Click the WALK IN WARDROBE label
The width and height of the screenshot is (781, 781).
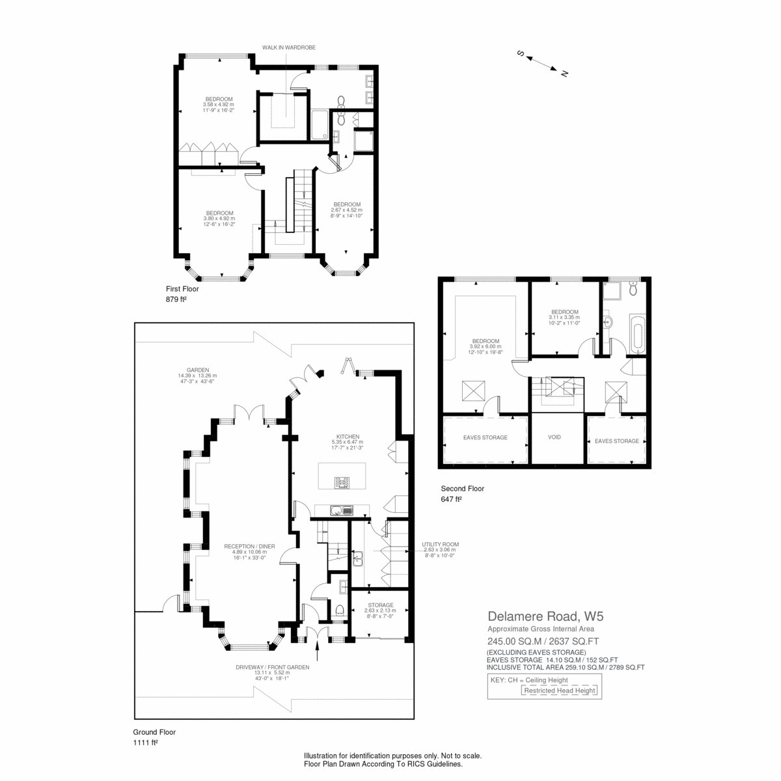point(288,48)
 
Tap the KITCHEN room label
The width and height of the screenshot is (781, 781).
point(348,437)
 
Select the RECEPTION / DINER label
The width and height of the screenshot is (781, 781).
point(249,546)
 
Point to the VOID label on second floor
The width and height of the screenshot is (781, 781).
point(554,437)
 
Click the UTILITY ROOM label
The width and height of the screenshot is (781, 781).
point(440,544)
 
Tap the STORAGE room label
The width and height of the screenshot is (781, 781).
point(381,605)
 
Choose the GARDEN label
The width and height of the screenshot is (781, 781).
point(198,370)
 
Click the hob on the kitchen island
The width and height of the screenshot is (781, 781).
point(342,483)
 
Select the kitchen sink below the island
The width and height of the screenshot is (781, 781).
point(342,511)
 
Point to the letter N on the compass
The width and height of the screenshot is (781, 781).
point(564,74)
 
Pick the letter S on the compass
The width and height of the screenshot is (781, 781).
point(521,53)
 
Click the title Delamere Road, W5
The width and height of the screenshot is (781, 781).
point(545,616)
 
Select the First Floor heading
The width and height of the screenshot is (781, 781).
point(182,289)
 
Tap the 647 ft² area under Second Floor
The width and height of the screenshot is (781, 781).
point(451,499)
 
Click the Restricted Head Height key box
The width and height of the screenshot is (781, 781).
point(559,691)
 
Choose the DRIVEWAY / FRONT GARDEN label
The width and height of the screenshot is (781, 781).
point(272,667)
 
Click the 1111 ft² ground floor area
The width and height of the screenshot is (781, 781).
point(145,743)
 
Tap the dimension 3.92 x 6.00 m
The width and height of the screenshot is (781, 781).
point(485,346)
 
